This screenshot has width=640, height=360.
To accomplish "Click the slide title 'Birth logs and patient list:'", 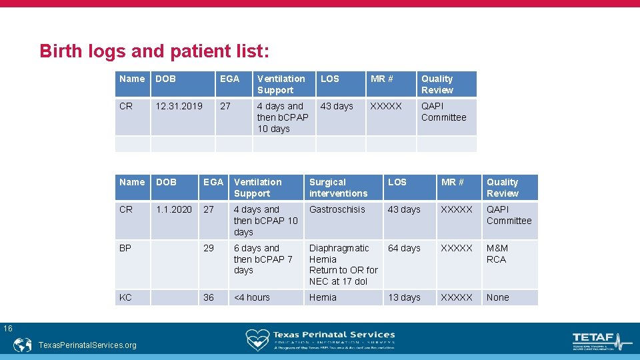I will coord(154,51).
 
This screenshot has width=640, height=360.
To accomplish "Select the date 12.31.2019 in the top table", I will coord(179,106).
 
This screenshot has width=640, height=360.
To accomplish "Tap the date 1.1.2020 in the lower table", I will coord(174,209).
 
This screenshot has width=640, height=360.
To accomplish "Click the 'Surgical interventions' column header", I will coord(338,187).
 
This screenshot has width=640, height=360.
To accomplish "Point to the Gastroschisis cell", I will coord(337,209).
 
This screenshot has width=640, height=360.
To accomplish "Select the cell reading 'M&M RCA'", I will coord(497,253).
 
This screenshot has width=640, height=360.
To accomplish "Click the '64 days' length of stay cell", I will coord(404,248).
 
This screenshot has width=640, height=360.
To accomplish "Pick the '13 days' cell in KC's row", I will coord(404,297).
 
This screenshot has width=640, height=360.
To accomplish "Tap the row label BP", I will coord(125,248).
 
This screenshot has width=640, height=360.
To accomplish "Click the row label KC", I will coord(125,297).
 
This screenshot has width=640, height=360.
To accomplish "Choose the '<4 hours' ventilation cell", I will coord(252,297).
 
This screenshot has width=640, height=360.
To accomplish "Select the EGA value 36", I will coord(209,297).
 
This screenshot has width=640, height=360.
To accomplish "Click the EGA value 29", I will coord(209,248).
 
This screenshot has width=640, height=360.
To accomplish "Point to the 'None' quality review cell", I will coord(497,297).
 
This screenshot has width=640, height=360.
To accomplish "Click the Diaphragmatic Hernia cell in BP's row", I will coord(343,265).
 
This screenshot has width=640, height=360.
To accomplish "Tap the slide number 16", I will coord(7,328).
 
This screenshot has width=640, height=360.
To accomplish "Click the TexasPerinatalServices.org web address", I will coord(87,345).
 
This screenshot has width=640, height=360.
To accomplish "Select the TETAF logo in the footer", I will coord(601,341).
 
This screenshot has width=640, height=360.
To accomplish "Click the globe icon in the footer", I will coord(23,345).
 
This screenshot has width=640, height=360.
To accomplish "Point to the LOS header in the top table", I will coord(330,79).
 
